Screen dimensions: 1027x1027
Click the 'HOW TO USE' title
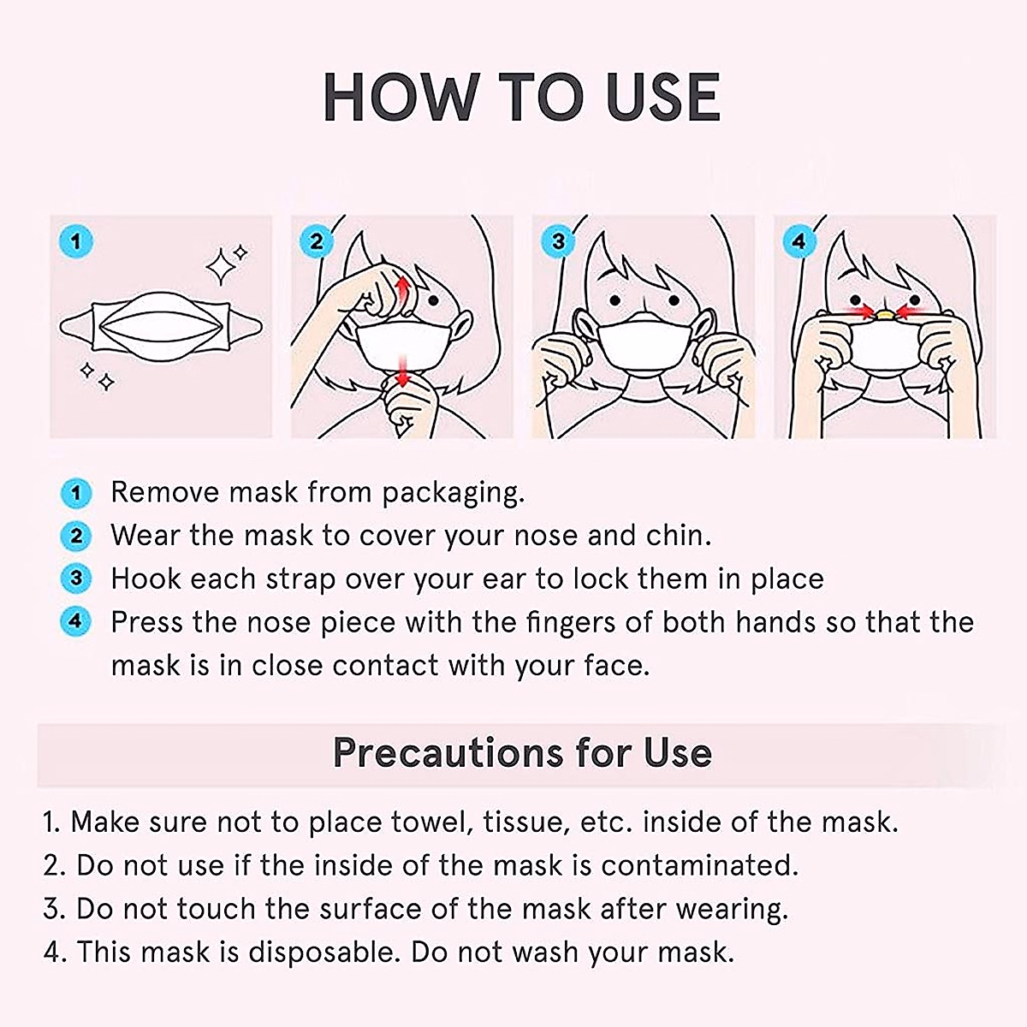click(522, 97)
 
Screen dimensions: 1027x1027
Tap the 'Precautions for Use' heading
click(522, 753)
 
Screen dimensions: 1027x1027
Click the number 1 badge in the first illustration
click(76, 241)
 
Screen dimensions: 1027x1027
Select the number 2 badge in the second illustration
click(317, 241)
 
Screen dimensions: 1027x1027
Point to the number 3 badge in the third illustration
click(558, 241)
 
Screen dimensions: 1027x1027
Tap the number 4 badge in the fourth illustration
click(798, 241)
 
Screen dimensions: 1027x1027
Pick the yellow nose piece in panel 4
click(885, 314)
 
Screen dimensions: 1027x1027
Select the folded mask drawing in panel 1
click(161, 327)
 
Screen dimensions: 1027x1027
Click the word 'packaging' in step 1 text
click(451, 493)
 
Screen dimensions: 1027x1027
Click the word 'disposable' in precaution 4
click(321, 952)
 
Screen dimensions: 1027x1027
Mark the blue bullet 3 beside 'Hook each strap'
click(76, 579)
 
